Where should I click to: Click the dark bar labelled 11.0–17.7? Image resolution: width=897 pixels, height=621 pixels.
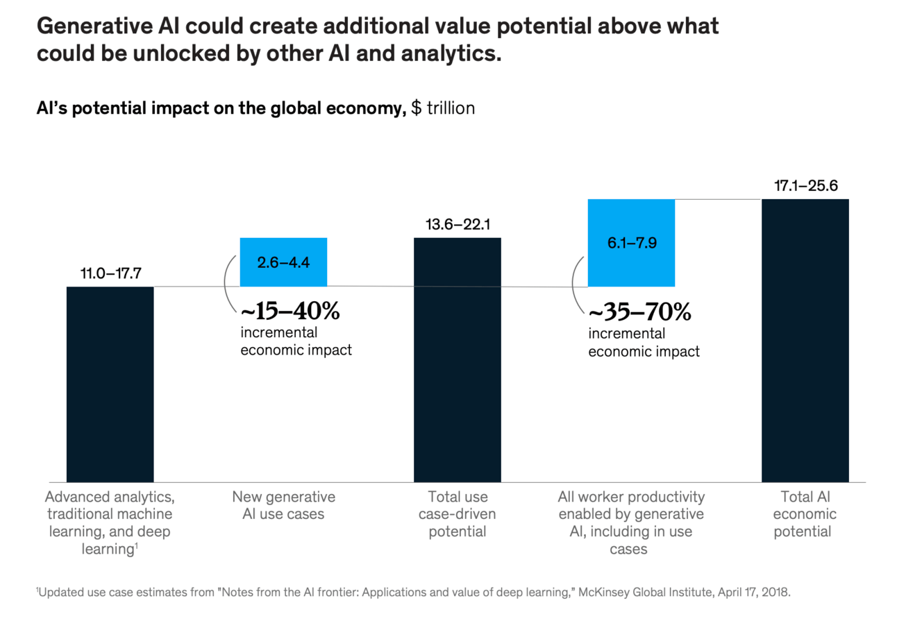tap(110, 384)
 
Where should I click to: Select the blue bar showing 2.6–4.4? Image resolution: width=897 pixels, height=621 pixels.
tap(283, 262)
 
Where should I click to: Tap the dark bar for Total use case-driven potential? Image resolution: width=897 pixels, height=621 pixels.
tap(457, 359)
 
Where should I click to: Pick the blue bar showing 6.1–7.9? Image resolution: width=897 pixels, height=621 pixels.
tap(631, 243)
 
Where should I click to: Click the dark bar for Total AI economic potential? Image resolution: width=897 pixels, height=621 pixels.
tap(805, 340)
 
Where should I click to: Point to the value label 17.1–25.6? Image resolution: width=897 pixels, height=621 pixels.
tap(805, 186)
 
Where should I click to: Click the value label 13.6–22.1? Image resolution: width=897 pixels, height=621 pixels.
tap(457, 225)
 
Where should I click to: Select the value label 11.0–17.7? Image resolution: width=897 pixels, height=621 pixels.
tap(110, 273)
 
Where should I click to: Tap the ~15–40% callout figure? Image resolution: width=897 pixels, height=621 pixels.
tap(290, 312)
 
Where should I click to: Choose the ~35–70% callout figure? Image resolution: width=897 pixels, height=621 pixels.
tap(640, 313)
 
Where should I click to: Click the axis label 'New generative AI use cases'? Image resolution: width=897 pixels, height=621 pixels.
tap(283, 506)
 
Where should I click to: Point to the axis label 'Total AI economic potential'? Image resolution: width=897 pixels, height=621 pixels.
tap(805, 514)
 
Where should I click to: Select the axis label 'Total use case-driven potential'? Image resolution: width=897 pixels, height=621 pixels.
tap(457, 514)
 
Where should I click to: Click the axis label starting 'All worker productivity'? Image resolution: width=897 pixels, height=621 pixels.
tap(631, 523)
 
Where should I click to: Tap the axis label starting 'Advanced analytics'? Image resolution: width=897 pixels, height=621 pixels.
tap(110, 523)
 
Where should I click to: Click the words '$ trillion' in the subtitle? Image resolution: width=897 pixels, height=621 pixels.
tap(443, 108)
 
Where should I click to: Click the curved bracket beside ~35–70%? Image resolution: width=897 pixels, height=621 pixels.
tap(576, 286)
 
